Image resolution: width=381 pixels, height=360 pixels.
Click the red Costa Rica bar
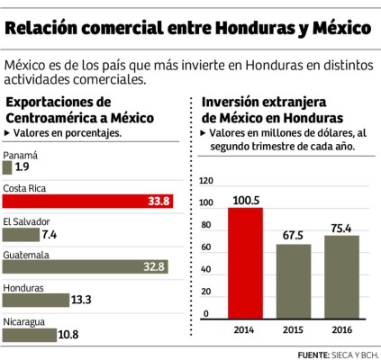(x=90, y=201)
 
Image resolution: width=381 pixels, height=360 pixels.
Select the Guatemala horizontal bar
(x=88, y=266)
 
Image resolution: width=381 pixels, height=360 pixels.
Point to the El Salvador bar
(x=20, y=234)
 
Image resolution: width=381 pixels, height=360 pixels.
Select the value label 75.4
(x=341, y=227)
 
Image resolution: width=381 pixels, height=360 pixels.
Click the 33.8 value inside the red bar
(x=159, y=201)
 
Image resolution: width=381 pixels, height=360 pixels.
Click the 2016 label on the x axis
(x=341, y=328)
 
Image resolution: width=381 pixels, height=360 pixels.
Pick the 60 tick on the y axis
(x=206, y=247)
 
